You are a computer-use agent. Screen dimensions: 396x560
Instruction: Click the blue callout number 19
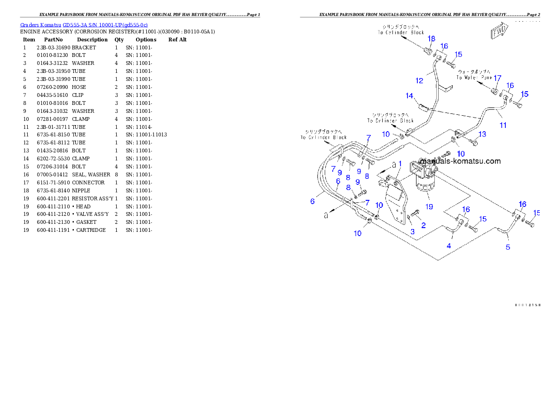429,206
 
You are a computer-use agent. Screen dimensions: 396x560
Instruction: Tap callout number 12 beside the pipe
419,81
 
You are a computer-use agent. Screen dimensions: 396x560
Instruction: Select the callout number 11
503,125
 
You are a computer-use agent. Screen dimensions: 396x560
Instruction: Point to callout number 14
409,96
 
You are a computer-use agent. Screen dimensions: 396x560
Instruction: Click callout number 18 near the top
431,39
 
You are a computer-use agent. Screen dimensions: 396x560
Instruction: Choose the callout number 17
497,78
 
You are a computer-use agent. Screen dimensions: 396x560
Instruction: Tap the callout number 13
482,135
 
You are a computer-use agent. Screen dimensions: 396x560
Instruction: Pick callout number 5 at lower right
508,247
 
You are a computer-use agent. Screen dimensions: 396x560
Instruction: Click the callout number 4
449,246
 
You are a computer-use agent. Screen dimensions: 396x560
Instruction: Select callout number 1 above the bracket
400,163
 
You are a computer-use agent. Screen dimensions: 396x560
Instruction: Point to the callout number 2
423,225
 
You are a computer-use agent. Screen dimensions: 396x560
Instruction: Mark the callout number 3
412,231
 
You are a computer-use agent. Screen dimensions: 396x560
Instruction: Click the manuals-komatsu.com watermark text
460,161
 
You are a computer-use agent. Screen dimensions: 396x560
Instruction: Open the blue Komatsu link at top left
84,25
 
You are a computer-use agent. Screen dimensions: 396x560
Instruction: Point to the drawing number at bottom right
527,305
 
